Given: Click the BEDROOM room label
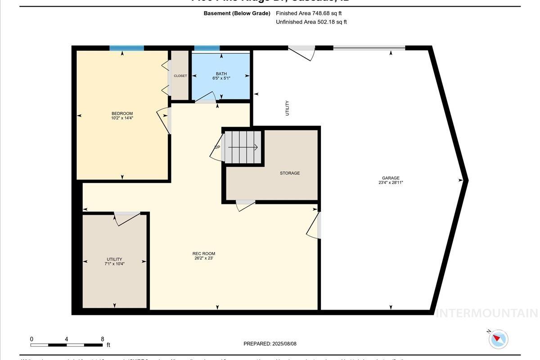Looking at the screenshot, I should [122, 113].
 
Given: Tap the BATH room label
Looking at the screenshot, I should [221, 74].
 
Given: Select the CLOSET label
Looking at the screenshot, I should [180, 76].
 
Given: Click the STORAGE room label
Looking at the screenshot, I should [289, 173].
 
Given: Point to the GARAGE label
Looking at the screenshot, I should [391, 178].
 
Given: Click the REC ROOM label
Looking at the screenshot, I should [204, 253].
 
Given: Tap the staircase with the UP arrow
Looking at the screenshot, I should [243, 147].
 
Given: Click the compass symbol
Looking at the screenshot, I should [498, 338].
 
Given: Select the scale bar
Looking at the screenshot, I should [67, 345].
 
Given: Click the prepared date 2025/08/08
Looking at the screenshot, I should [284, 344].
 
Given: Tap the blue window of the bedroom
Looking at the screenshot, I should [127, 48].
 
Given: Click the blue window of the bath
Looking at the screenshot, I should [207, 48].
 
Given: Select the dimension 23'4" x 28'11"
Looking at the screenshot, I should [391, 183].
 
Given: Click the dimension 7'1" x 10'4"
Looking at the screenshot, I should [114, 264].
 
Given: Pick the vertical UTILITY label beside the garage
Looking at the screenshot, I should [287, 108].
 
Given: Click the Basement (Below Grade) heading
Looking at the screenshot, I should [237, 13].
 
